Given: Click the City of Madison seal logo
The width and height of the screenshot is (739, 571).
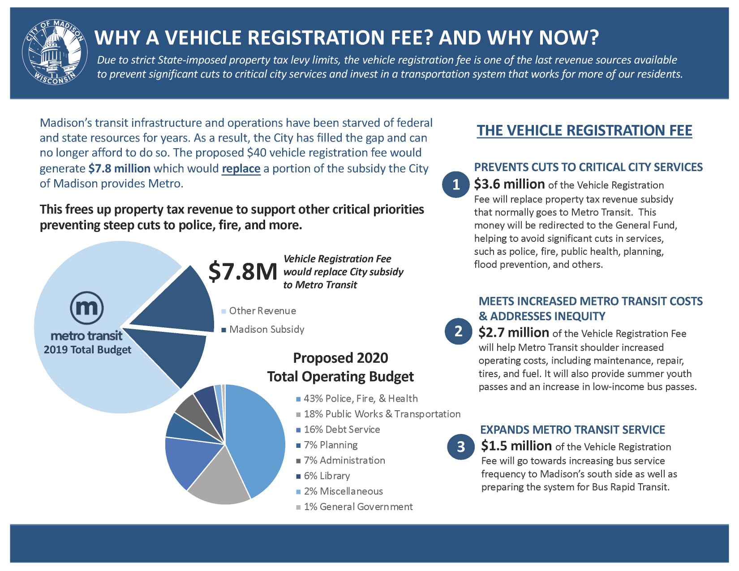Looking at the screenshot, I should point(55,52).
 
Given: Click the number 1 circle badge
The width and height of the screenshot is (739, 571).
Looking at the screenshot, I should point(456,184).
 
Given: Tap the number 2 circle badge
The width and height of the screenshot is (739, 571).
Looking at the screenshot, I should point(458,331).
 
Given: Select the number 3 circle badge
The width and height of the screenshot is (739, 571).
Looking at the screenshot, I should point(461,446).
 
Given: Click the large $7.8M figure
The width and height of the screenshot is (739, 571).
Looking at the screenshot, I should point(243,271).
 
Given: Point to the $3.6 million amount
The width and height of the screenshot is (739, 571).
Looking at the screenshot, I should point(509,184).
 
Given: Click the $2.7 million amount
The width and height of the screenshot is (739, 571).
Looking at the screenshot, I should point(514,333).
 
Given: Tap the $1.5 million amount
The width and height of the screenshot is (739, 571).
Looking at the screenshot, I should point(516,446).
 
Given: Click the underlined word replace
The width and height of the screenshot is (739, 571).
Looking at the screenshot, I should point(241,169).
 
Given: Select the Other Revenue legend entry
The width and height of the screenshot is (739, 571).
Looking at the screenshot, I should point(262,311).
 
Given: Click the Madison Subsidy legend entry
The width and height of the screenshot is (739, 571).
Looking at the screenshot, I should point(266,330).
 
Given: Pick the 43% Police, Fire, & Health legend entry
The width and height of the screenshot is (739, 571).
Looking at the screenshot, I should point(360,399).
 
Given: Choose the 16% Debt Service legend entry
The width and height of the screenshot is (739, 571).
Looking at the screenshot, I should point(341,429).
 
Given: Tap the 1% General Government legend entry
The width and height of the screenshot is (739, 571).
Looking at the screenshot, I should point(358,507).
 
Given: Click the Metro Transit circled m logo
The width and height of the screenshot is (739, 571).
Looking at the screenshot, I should point(87,308).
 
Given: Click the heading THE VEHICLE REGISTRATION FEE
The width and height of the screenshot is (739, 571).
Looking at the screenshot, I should point(584,130).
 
